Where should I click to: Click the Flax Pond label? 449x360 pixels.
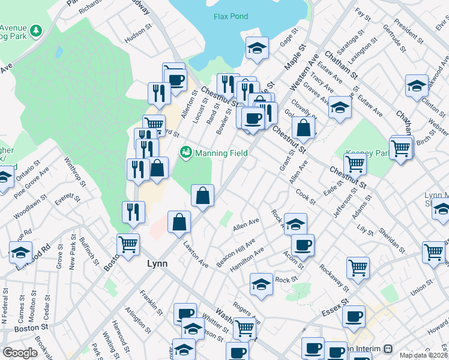pos(231,16)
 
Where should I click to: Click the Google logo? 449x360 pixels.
pos(20,353)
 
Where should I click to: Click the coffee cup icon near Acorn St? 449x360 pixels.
pos(303,244)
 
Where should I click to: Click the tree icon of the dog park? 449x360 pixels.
pos(36,30)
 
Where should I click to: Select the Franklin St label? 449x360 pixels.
pos(151,302)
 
